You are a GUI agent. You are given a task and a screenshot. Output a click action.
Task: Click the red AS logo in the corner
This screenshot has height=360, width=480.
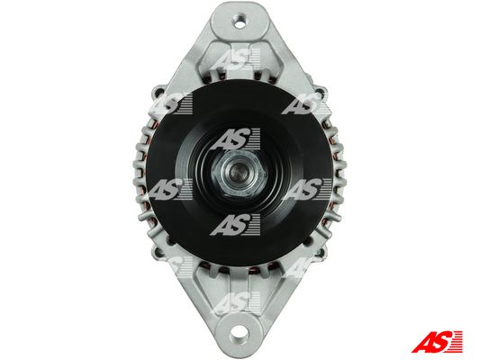pyautogui.click(x=437, y=341)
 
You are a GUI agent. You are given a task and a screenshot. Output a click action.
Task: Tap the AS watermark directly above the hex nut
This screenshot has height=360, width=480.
pyautogui.click(x=235, y=139)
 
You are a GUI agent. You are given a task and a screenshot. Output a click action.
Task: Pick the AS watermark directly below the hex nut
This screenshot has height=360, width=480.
pyautogui.click(x=235, y=224)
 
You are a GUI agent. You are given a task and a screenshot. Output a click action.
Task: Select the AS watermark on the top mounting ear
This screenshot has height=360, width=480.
pyautogui.click(x=235, y=59)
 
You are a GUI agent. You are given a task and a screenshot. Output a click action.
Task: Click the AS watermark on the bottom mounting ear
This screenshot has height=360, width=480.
pyautogui.click(x=235, y=302)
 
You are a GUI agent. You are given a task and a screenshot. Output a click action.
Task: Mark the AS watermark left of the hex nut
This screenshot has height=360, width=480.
pyautogui.click(x=170, y=189)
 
